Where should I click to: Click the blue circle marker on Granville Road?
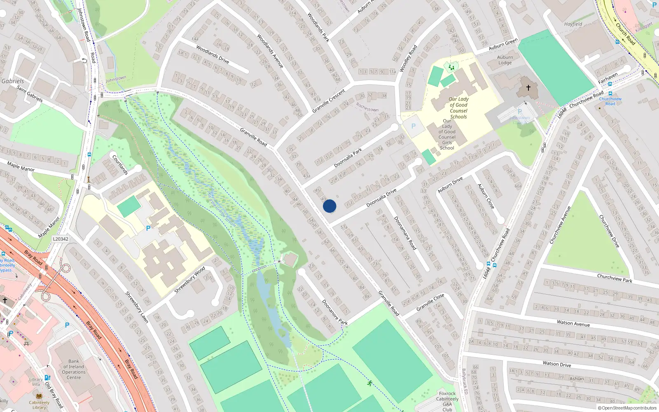click(x=329, y=206)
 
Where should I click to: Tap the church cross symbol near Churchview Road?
click(x=528, y=87)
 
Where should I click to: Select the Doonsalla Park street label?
click(x=348, y=158)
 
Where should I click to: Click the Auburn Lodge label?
click(x=505, y=60)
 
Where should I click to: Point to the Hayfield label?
click(x=573, y=24)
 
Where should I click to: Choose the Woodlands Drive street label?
click(x=213, y=54)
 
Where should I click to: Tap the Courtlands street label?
click(x=120, y=164)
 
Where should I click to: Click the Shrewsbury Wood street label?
click(x=189, y=280)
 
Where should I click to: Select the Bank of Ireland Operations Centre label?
click(x=74, y=369)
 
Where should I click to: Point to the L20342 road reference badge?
click(x=61, y=239)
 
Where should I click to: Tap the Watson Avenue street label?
click(x=573, y=323)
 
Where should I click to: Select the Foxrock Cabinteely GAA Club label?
click(x=447, y=401)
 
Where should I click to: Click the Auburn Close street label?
click(x=486, y=196)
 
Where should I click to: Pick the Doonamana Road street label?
click(x=405, y=233)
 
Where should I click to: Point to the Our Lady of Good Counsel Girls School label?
click(x=447, y=134)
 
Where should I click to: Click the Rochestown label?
click(x=367, y=108)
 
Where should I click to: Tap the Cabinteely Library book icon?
click(x=39, y=396)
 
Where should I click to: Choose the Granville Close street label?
click(x=430, y=302)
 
